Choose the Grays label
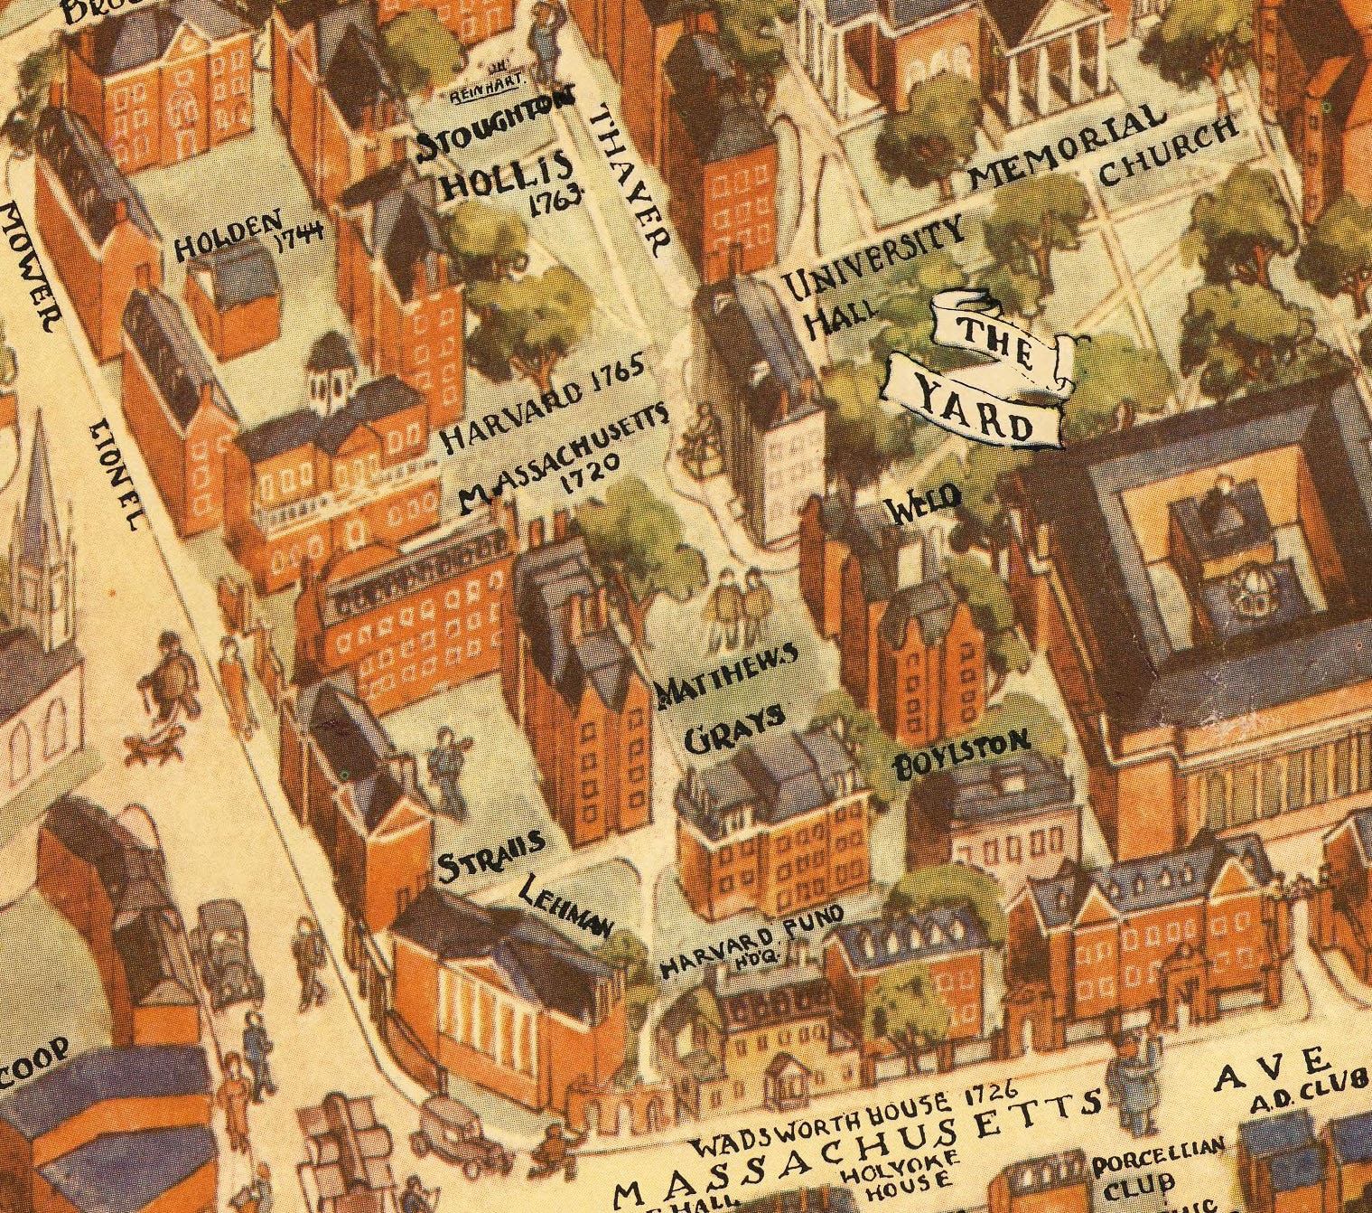click(732, 729)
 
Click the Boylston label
click(961, 754)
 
